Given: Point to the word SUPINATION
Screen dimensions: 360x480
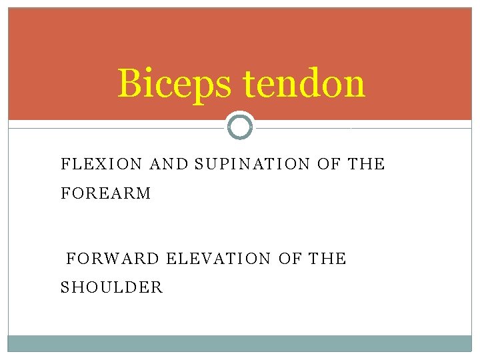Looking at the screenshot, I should click(x=253, y=164).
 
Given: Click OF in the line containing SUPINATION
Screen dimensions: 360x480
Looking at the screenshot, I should click(x=329, y=164).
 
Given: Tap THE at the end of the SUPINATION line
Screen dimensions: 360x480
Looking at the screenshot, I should click(x=367, y=164).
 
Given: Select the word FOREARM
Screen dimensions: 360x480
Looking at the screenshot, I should click(x=106, y=194).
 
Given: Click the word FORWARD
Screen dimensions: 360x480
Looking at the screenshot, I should click(x=113, y=258).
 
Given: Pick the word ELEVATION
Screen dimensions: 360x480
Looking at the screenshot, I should click(x=219, y=258).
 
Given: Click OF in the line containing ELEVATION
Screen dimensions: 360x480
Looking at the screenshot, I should click(x=290, y=258).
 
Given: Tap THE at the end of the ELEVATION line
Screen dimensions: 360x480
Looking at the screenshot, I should click(x=328, y=258).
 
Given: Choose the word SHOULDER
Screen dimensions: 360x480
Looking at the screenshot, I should click(x=111, y=288).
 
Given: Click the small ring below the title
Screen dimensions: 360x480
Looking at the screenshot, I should click(x=240, y=126).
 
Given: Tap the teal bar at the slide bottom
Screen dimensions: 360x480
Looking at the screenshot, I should click(x=240, y=343).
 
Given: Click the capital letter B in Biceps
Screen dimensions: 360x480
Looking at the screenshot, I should click(x=130, y=84).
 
